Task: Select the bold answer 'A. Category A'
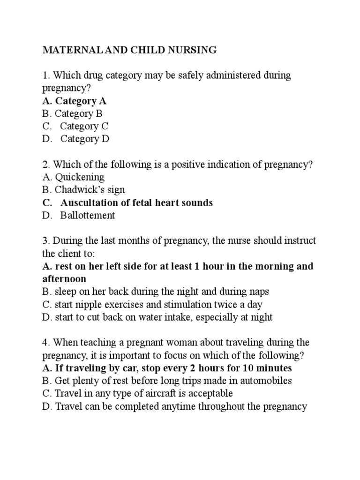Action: tap(75, 101)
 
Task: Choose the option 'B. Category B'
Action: tap(72, 113)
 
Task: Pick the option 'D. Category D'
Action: tap(76, 139)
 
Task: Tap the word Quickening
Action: tap(80, 177)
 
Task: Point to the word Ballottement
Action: tap(88, 215)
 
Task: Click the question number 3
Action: tap(45, 241)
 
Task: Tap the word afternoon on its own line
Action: tap(64, 279)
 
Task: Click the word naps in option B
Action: tap(260, 292)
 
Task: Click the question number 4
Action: tap(45, 343)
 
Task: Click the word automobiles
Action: tap(265, 381)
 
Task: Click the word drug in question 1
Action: tap(92, 75)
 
